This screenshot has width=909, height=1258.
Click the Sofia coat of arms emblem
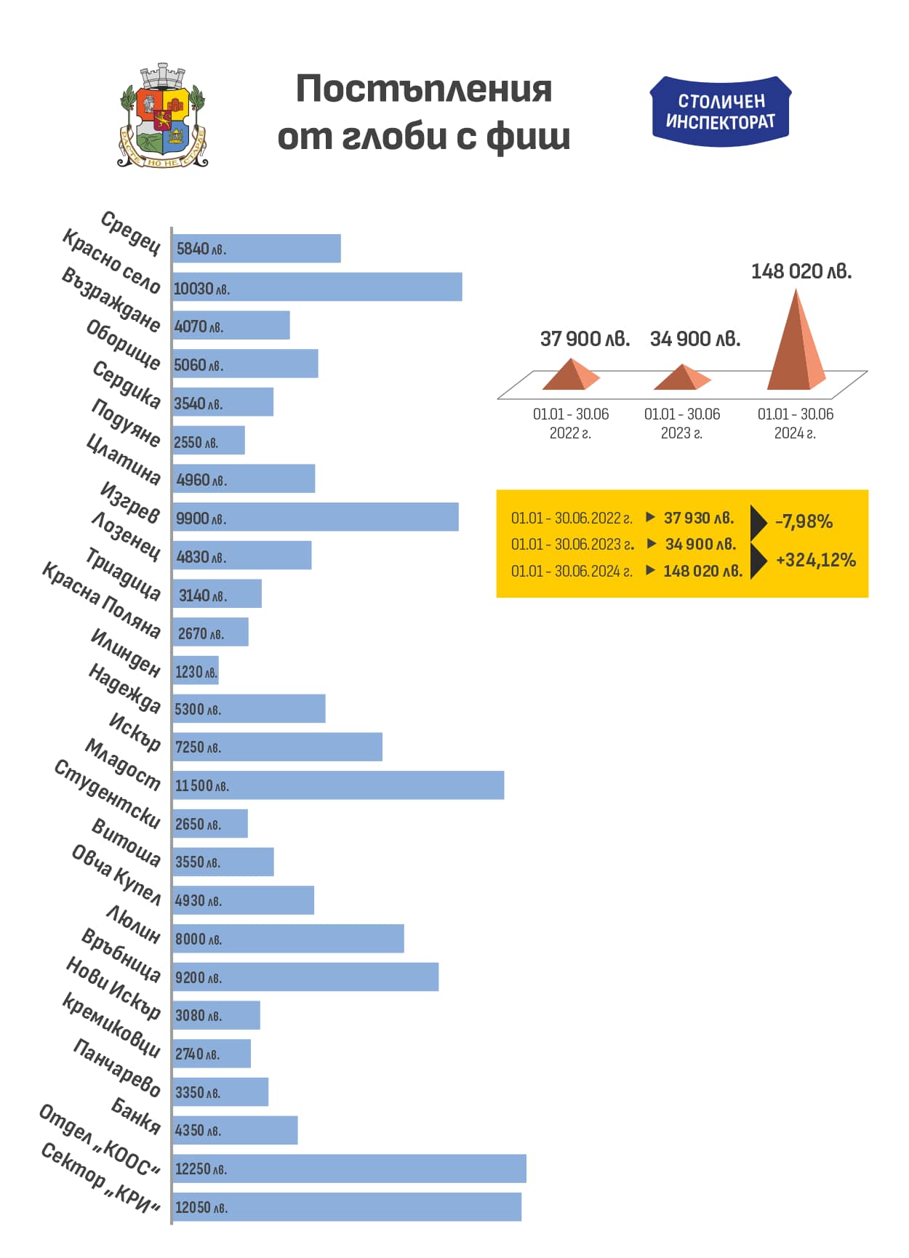[163, 116]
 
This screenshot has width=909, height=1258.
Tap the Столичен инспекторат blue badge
[720, 111]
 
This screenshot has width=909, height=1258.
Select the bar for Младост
[338, 785]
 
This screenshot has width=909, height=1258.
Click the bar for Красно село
[317, 287]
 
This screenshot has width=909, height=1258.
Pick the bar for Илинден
[196, 671]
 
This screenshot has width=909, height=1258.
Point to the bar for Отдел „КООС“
[349, 1169]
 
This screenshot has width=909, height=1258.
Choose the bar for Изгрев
[316, 518]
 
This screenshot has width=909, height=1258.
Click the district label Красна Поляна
[101, 601]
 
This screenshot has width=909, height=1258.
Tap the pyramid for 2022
[571, 374]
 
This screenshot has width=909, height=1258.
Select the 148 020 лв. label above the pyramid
[801, 272]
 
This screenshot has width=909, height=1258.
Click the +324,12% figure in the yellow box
[815, 560]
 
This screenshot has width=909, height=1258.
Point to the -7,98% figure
[804, 521]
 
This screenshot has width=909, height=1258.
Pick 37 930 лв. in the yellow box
[699, 518]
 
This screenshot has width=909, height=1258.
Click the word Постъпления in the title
[424, 89]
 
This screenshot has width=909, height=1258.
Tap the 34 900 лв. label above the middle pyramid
[694, 339]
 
